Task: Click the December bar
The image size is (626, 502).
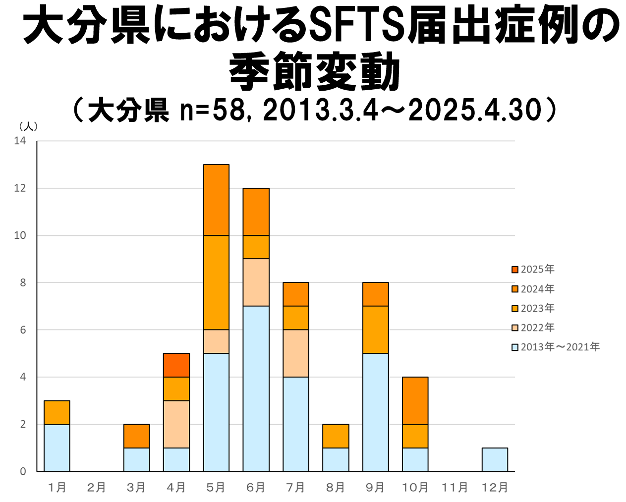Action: (x=495, y=459)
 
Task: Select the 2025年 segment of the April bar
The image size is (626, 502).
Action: (x=176, y=365)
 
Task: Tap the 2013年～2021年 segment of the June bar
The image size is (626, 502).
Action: (x=256, y=389)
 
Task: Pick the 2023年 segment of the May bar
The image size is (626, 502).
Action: (x=216, y=282)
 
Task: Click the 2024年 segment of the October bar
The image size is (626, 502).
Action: (x=415, y=400)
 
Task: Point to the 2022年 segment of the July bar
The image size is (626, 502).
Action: (x=296, y=353)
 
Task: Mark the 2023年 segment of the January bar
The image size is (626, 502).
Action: (x=57, y=412)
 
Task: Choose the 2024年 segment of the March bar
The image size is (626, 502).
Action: (x=136, y=436)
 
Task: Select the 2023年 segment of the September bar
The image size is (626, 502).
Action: (x=375, y=330)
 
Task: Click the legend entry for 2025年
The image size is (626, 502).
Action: (x=533, y=269)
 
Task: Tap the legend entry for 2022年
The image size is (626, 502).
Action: (x=533, y=328)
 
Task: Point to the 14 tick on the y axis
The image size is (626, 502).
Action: (x=20, y=141)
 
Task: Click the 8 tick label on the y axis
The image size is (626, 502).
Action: (x=23, y=282)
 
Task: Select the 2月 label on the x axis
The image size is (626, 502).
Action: (x=97, y=488)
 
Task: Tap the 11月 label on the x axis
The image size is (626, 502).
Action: (x=455, y=488)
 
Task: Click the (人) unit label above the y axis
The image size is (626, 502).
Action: (x=28, y=126)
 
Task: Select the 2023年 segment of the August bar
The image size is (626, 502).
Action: (x=336, y=436)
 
